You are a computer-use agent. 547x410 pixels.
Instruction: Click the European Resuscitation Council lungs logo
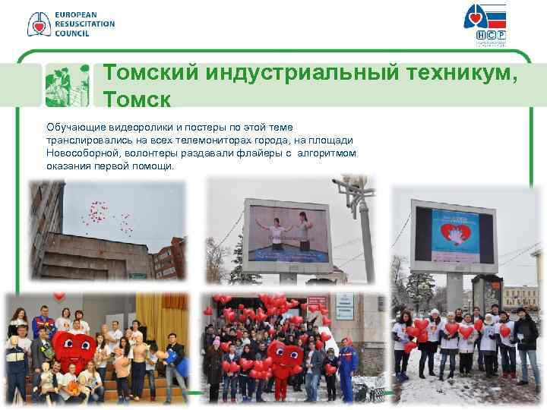click(38, 24)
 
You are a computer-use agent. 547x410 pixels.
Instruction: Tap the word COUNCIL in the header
click(72, 33)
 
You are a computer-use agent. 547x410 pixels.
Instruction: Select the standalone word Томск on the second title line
click(137, 99)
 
